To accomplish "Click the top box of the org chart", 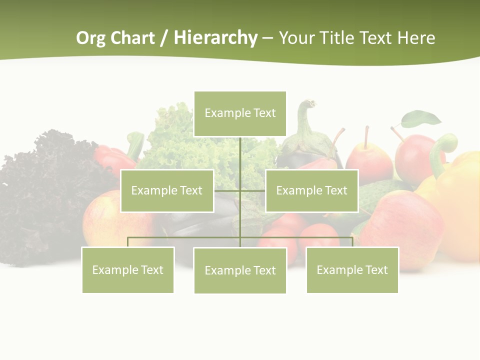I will [x=240, y=113].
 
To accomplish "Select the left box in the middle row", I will [x=167, y=190].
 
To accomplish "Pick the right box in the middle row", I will [x=311, y=190].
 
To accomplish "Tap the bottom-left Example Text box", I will [x=127, y=270].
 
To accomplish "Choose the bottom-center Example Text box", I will [x=240, y=270].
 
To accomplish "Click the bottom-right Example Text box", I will [x=352, y=270].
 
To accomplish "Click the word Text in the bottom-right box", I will [x=376, y=270].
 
